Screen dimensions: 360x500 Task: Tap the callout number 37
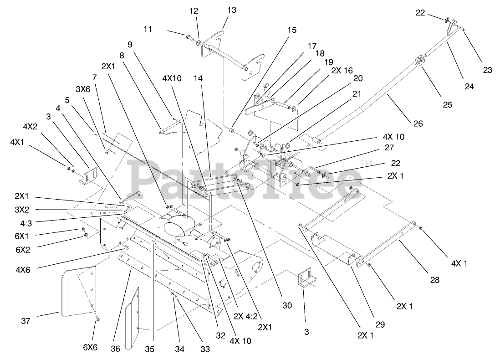(x=26, y=321)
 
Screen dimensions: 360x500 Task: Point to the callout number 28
(x=434, y=280)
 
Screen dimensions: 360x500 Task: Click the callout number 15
(x=291, y=30)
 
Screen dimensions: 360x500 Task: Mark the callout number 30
(x=287, y=306)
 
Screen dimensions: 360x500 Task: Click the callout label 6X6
(x=90, y=346)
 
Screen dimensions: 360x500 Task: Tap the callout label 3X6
(x=83, y=90)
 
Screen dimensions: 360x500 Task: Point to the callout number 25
(x=447, y=104)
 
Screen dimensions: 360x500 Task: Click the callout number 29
(x=380, y=324)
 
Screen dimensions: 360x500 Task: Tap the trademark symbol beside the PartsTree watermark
(x=364, y=163)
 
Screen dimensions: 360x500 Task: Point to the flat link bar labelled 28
(x=387, y=244)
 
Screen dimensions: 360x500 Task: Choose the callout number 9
(x=130, y=45)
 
